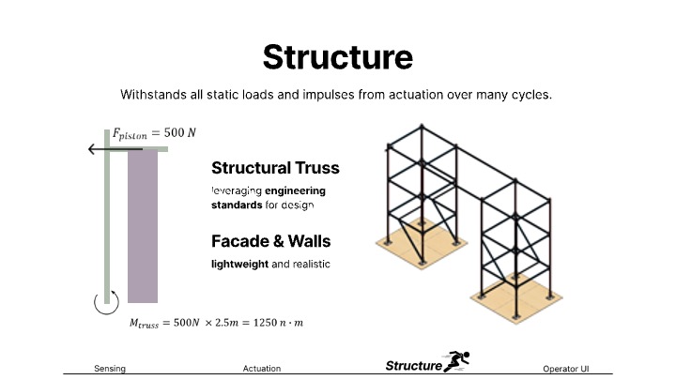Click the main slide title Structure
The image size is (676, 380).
pos(338,57)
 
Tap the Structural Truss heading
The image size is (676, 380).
pos(275,168)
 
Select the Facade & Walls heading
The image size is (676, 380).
pos(270,241)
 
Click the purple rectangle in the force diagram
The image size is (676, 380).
pos(143,226)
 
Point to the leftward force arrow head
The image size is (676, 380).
pos(90,149)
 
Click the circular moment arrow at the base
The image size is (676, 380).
pos(106,302)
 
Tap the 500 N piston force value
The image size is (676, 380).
pos(179,132)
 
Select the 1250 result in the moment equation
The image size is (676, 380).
pos(265,323)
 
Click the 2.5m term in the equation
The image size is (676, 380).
pos(226,323)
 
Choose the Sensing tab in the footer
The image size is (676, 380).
pos(110,369)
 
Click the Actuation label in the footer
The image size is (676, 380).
pos(262,369)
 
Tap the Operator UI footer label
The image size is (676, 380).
pos(565,369)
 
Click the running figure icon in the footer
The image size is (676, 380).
pos(457,361)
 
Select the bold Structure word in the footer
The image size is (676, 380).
pos(414,366)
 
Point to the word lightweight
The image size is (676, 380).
pos(239,264)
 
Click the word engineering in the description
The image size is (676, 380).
pos(296,190)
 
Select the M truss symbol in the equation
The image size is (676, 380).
pos(144,324)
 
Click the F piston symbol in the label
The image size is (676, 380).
pos(130,134)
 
